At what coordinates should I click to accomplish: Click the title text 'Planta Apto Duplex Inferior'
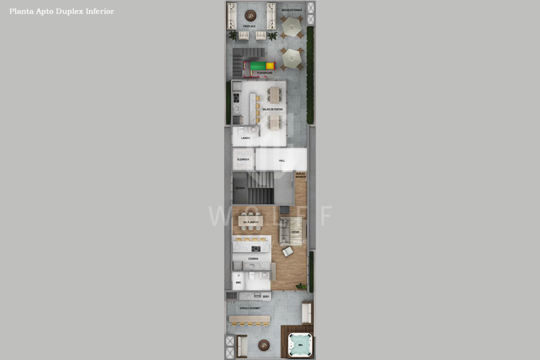[x=61, y=11]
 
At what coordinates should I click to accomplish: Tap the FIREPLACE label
[x=250, y=27]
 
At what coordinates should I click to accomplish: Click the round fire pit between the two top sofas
[x=250, y=16]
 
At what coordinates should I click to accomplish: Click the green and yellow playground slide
[x=262, y=65]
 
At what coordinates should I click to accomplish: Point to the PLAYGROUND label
[x=264, y=73]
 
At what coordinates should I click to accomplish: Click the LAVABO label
[x=246, y=138]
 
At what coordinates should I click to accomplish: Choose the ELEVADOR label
[x=243, y=160]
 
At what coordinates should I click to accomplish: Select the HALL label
[x=282, y=161]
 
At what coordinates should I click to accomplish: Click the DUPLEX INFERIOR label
[x=300, y=176]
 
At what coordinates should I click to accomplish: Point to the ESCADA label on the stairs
[x=240, y=188]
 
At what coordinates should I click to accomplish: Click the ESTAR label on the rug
[x=295, y=233]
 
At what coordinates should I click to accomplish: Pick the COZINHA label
[x=253, y=259]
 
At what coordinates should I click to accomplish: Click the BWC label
[x=238, y=282]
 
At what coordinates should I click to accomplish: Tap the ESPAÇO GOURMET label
[x=250, y=308]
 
